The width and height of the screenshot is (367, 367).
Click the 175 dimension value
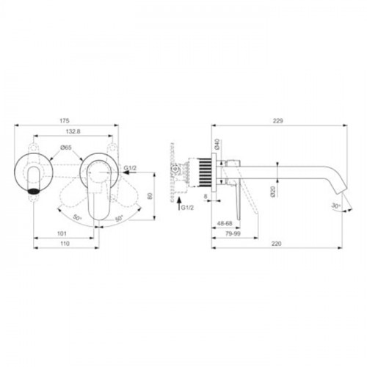coord(65,120)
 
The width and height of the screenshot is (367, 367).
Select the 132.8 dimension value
coord(73,131)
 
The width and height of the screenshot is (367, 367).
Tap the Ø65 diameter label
coord(66,148)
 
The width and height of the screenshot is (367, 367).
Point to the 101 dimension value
coord(62,233)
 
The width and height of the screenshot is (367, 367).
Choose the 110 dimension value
coord(65,244)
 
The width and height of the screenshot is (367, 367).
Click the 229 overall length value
coord(278,121)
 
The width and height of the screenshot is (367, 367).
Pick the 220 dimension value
coord(277,244)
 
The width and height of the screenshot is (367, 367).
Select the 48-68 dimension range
coord(225,223)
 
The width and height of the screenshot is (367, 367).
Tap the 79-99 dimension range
coord(233,233)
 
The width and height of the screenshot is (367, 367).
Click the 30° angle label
coord(336,206)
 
